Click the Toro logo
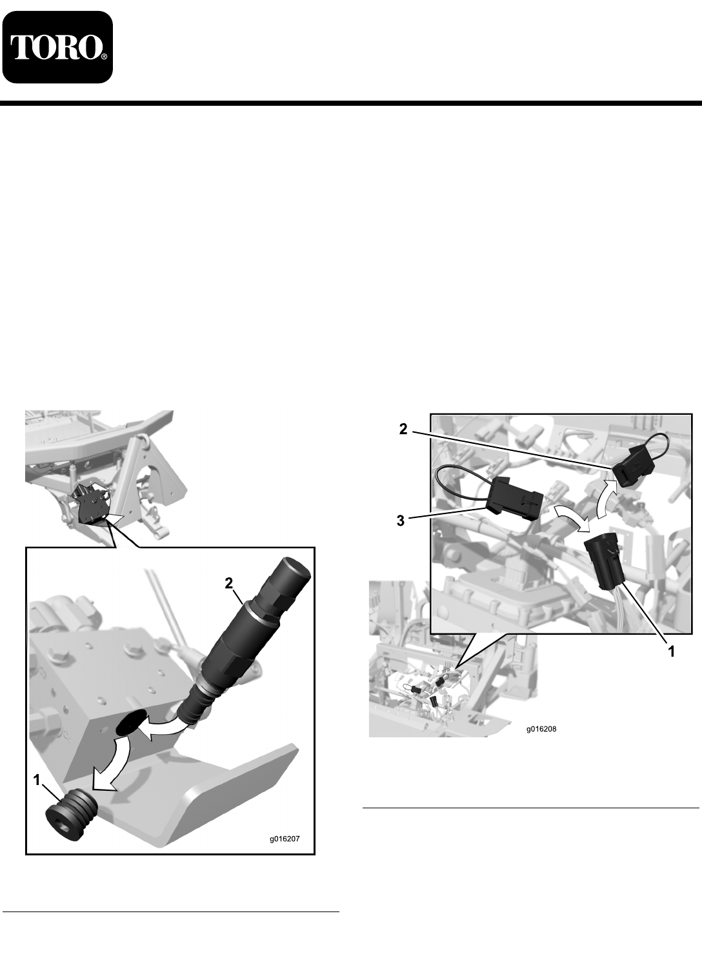click(x=57, y=47)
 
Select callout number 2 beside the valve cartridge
click(x=228, y=583)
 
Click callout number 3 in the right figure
click(x=400, y=521)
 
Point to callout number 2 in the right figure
click(x=403, y=429)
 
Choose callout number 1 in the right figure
click(x=672, y=652)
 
